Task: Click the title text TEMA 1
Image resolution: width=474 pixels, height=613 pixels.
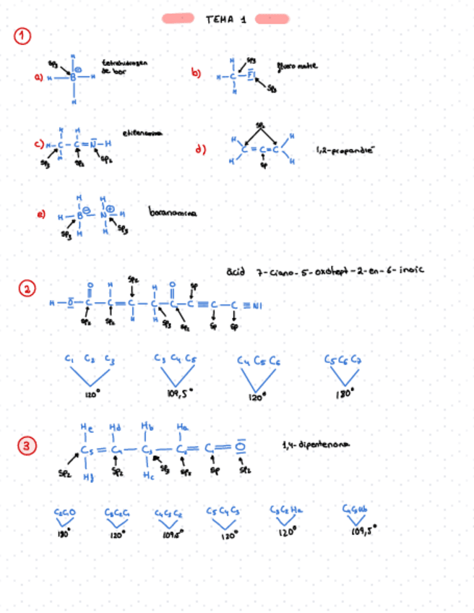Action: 225,20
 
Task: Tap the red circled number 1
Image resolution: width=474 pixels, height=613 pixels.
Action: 23,35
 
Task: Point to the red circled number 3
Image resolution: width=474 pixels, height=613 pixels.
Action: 27,447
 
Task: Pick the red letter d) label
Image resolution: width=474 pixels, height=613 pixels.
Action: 202,150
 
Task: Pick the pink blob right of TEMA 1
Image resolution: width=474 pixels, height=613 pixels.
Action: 272,18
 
